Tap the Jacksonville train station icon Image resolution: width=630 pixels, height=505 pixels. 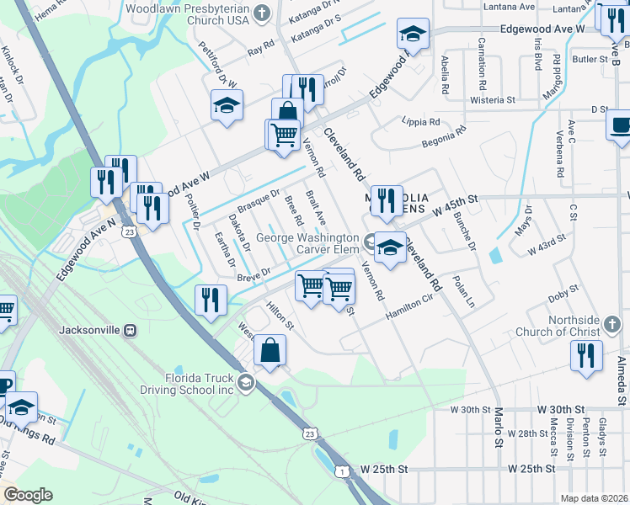pyautogui.click(x=130, y=329)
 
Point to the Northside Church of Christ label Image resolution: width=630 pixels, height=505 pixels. pyautogui.click(x=584, y=327)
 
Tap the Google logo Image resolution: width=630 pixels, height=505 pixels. pyautogui.click(x=28, y=495)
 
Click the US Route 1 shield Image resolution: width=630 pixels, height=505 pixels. pyautogui.click(x=343, y=472)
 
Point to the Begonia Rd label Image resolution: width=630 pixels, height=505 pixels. pyautogui.click(x=445, y=134)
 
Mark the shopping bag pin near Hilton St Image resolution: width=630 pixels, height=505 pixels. pyautogui.click(x=270, y=352)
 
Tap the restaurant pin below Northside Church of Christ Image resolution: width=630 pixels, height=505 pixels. pyautogui.click(x=586, y=356)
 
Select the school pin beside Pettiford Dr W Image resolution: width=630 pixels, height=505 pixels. pyautogui.click(x=227, y=106)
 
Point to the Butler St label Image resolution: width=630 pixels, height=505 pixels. pyautogui.click(x=589, y=59)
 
